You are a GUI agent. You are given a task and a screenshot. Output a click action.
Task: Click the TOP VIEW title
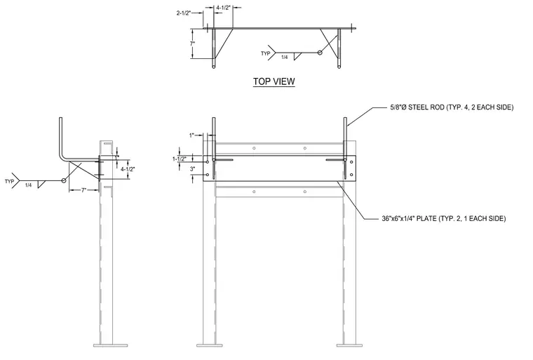point(274,81)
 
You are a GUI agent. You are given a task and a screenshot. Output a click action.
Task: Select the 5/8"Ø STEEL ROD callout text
point(452,107)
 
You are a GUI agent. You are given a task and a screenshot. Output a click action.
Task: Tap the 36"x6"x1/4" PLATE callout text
point(444,218)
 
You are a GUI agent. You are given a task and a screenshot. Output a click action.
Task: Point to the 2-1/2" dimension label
point(184,13)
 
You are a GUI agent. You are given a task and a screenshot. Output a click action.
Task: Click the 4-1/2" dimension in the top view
point(223,8)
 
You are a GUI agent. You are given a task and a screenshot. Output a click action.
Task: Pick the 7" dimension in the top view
point(192,44)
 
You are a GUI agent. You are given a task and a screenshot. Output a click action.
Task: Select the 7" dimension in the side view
point(84,191)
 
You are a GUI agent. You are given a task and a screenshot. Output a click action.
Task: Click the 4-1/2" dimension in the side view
point(128,169)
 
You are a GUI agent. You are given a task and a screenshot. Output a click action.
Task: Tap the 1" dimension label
point(191,135)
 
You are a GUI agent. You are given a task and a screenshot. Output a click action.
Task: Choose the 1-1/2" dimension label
point(180,159)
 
